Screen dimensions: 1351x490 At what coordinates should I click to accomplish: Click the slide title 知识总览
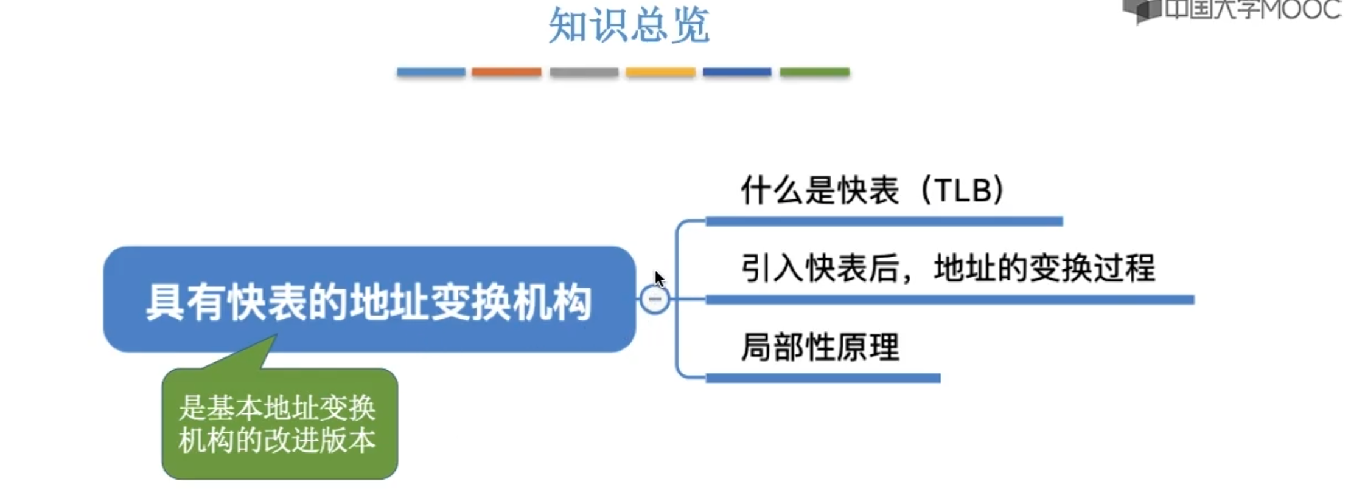coord(629,26)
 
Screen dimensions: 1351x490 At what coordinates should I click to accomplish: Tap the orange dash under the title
coord(506,72)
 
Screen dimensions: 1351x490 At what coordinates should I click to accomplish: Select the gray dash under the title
coord(584,72)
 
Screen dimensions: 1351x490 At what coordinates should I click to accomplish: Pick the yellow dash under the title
coord(660,72)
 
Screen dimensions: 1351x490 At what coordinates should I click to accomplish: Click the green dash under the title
coord(814,72)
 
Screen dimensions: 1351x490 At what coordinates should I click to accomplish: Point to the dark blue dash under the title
coord(737,72)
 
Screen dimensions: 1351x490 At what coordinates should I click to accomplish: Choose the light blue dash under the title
coord(431,72)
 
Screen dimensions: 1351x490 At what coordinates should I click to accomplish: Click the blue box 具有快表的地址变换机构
coord(369,300)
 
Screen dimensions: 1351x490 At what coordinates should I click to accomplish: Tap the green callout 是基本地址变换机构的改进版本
coord(279,424)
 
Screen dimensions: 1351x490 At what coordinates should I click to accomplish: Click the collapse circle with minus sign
coord(655,299)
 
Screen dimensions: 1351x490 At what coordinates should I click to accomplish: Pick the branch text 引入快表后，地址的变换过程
coord(948,268)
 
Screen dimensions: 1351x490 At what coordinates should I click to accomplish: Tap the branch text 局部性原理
coord(820,348)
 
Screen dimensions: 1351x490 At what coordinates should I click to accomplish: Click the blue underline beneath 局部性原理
coord(823,379)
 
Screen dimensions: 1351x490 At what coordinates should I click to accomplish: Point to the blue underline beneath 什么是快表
coord(884,222)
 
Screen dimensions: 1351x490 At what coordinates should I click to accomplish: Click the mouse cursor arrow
coord(659,279)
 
